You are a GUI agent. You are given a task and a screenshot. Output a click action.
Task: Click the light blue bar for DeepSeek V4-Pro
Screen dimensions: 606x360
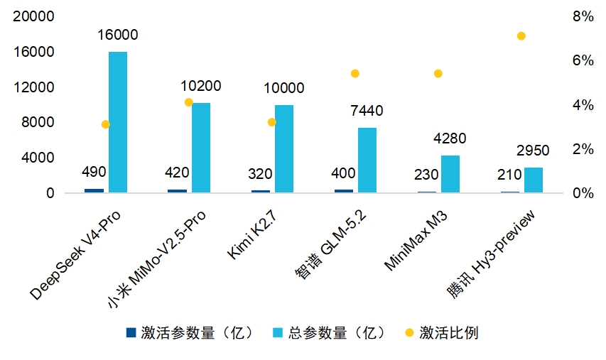point(118,122)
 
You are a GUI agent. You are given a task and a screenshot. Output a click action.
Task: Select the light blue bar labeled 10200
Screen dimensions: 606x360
point(201,148)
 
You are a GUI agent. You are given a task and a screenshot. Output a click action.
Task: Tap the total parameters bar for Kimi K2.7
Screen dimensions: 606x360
point(284,148)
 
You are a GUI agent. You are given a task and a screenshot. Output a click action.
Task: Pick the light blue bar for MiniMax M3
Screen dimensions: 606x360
point(450,174)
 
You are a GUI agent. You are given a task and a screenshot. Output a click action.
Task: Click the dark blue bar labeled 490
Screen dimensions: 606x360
point(94,190)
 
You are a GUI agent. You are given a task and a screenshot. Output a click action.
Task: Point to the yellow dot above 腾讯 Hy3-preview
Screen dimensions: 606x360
point(521,36)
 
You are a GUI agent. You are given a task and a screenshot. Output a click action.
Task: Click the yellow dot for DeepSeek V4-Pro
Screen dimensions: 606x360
point(106,124)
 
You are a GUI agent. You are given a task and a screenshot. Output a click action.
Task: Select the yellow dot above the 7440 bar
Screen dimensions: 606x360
point(355,73)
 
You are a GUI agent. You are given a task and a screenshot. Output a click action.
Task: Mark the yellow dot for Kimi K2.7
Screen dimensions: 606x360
point(271,122)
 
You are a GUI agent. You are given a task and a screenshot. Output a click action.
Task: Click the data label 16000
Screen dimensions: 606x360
point(117,35)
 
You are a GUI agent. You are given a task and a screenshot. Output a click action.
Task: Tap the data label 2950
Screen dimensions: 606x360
point(533,151)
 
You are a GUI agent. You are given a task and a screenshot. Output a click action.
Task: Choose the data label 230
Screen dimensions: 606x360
point(426,175)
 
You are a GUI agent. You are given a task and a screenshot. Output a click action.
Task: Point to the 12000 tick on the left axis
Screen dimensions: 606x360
point(34,87)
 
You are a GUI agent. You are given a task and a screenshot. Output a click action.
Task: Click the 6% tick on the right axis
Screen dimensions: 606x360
point(583,60)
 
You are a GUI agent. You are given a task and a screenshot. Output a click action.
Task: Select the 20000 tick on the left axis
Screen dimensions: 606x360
point(34,16)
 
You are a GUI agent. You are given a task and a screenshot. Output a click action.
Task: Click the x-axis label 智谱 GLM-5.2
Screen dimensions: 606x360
point(331,244)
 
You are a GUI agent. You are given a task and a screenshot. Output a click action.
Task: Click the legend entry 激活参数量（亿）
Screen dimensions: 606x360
point(190,332)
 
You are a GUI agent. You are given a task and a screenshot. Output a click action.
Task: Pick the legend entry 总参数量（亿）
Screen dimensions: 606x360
point(330,332)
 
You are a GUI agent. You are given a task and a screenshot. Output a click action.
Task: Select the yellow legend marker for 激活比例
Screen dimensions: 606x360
point(409,332)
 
